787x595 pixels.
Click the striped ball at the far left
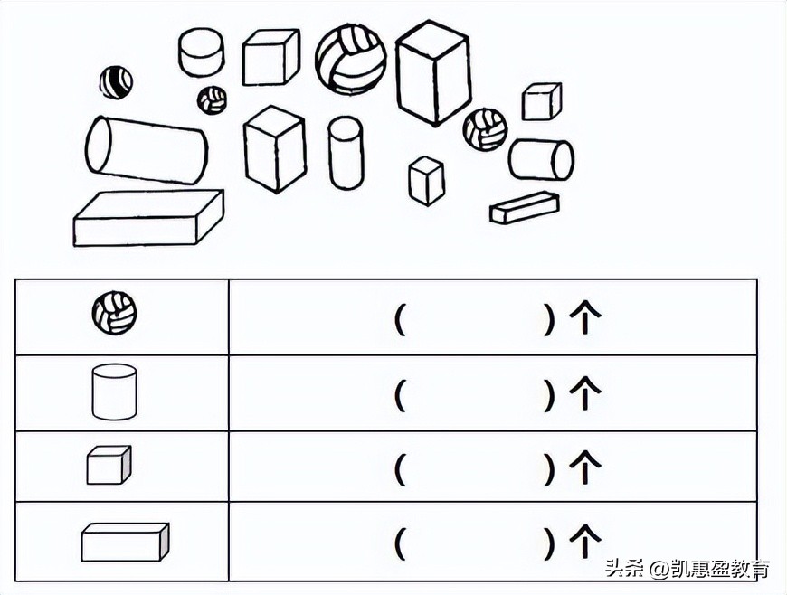coord(116,82)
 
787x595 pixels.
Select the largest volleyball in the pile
coord(350,59)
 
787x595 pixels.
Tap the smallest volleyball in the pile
coord(213,99)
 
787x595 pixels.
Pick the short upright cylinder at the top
coord(201,52)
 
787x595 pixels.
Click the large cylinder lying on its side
coord(146,150)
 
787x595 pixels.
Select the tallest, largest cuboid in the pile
coord(433,71)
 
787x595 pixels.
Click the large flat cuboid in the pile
coord(148,218)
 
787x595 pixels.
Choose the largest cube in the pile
coord(271,55)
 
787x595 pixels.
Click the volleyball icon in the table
coord(114,313)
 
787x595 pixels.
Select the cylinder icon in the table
coord(114,391)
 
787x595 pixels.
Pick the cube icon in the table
coord(109,466)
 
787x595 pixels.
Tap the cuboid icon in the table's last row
coord(125,543)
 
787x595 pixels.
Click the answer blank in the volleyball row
coord(474,318)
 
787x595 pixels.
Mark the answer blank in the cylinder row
coord(474,393)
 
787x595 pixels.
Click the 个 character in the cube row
coord(584,467)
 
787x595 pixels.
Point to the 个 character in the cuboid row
coord(584,542)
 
